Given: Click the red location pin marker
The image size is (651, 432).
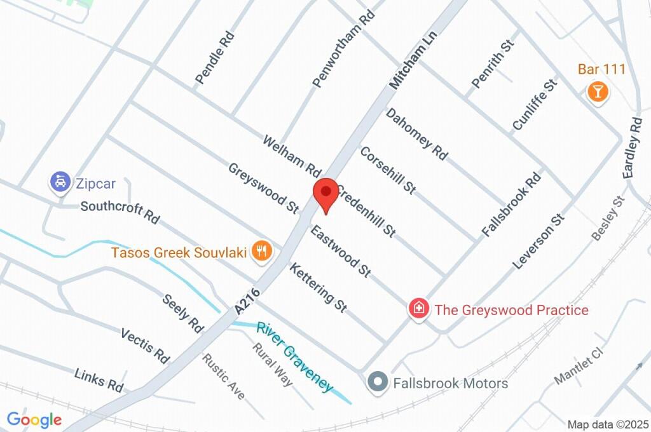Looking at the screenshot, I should [327, 192].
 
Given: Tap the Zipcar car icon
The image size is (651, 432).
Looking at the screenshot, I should [60, 183].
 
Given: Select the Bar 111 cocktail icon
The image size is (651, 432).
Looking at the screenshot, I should [597, 91].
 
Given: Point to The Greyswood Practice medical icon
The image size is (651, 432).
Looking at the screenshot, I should [419, 309].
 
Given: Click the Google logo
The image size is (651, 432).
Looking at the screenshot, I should [34, 419].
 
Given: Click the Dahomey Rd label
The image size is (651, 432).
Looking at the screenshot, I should [417, 133].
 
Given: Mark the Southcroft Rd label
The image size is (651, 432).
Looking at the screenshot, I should [120, 212].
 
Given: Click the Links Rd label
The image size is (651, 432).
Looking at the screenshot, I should [99, 379].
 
